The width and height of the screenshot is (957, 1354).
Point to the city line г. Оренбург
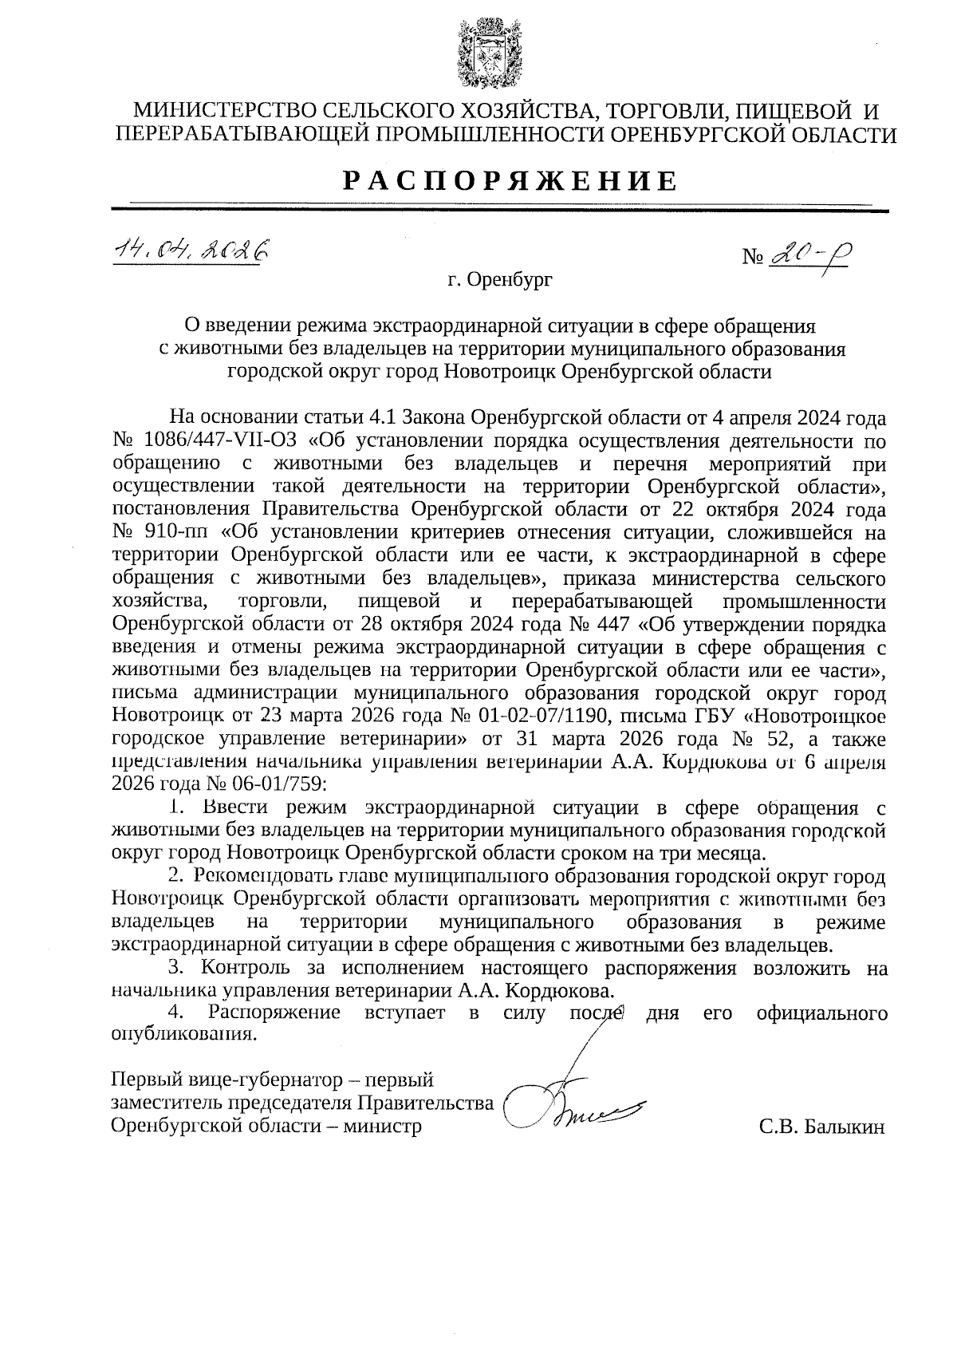click(x=499, y=280)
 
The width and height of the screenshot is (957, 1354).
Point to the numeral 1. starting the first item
click(x=178, y=807)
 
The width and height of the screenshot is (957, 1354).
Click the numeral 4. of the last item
click(x=177, y=1013)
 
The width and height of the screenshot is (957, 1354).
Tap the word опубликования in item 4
click(x=183, y=1036)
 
